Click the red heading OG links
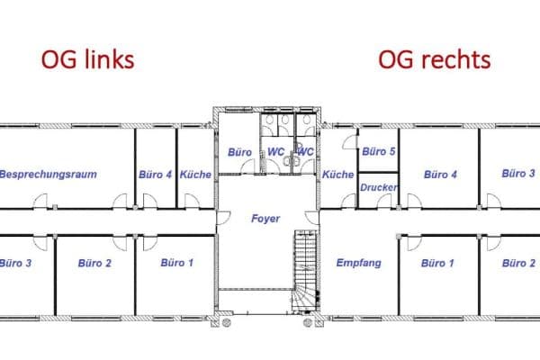coord(87,59)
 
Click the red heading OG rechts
coord(434,59)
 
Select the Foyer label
coord(265,219)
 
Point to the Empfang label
coord(358,264)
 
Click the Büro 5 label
coord(379,152)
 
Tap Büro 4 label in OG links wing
coord(155,175)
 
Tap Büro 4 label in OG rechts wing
coord(440,175)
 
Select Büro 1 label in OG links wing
coord(176,263)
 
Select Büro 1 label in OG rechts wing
coord(438,264)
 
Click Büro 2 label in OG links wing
coord(94,264)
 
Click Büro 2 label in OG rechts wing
coord(518,264)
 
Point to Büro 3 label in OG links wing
coord(16,264)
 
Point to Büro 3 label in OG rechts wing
coord(518,173)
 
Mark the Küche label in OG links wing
coord(195,175)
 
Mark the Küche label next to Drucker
coord(338,175)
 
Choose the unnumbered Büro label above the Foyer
coord(239,152)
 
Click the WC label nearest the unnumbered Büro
coord(274,152)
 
